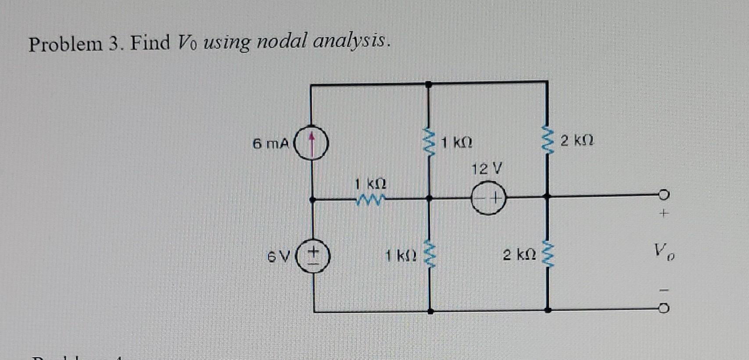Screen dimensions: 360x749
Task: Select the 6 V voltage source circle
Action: pos(314,256)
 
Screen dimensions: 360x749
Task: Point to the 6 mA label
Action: pos(271,143)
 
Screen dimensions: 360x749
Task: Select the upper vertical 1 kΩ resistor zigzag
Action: pos(429,142)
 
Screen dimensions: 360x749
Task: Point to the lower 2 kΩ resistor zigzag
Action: pos(547,254)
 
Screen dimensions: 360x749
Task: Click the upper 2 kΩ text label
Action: pos(577,141)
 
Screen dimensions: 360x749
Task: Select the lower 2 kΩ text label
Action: pos(520,255)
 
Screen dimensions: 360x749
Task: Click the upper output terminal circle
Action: pos(664,194)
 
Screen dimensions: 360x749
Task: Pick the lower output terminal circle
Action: pos(664,309)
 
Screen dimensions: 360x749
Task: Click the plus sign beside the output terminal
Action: pos(664,214)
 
